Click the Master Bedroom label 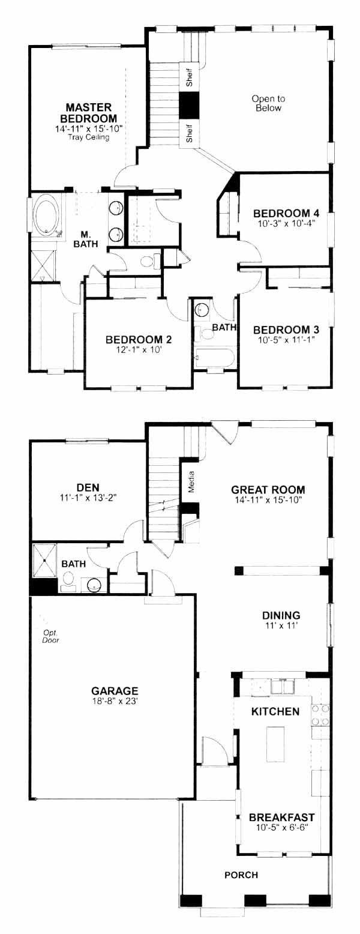point(88,113)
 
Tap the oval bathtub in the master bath point(46,216)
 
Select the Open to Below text point(268,103)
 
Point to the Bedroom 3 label point(286,330)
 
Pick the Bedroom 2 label point(139,339)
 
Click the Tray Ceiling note point(88,137)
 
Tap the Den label point(88,487)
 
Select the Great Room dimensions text point(268,499)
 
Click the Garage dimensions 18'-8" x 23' point(115,701)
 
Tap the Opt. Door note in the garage point(50,636)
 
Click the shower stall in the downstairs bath point(44,561)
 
